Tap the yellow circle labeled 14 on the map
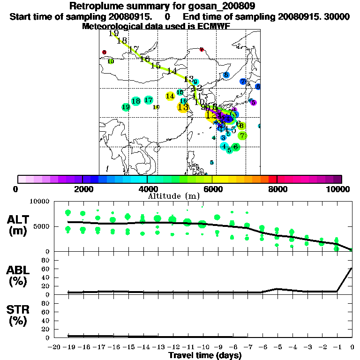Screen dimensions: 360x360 click(170, 96)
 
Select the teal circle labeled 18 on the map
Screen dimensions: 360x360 click(136, 101)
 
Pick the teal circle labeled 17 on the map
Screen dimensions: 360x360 click(149, 100)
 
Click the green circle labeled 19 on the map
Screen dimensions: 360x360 click(126, 107)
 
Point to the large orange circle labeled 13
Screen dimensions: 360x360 click(183, 107)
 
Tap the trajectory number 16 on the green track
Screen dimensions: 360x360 click(144, 59)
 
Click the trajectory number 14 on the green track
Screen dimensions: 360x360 click(172, 71)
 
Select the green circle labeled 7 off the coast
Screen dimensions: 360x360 click(242, 136)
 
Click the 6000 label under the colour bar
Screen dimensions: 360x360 click(212, 189)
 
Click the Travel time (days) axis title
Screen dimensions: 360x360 click(205, 356)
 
